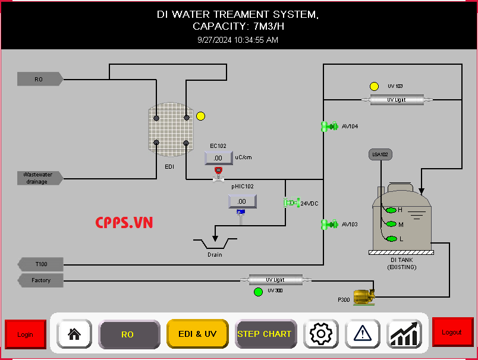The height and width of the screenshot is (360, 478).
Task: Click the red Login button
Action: tap(25, 334)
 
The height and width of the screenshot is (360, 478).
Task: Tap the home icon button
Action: tap(74, 334)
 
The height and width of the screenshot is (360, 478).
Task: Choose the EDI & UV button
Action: tap(197, 334)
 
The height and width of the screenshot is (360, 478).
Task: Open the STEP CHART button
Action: tap(265, 334)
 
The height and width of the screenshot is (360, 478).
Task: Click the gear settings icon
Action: tap(320, 334)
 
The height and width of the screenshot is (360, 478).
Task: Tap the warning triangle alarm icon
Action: tap(362, 334)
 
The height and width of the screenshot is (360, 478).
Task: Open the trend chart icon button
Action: tap(404, 334)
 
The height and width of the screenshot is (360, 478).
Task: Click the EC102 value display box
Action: tap(218, 157)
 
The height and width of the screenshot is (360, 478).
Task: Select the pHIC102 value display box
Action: tap(242, 201)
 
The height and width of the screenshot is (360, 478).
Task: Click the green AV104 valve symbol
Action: tap(329, 126)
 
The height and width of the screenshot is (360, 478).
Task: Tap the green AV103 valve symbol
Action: tap(329, 224)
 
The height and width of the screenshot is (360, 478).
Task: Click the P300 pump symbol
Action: tap(363, 296)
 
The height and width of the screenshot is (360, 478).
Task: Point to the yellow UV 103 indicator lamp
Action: tap(374, 86)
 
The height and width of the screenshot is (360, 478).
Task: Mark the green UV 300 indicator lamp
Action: tap(258, 292)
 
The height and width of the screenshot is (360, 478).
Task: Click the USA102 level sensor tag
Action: tap(380, 154)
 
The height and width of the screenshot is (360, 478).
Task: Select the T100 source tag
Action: tap(40, 264)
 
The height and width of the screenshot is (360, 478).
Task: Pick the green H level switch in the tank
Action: tap(391, 210)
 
